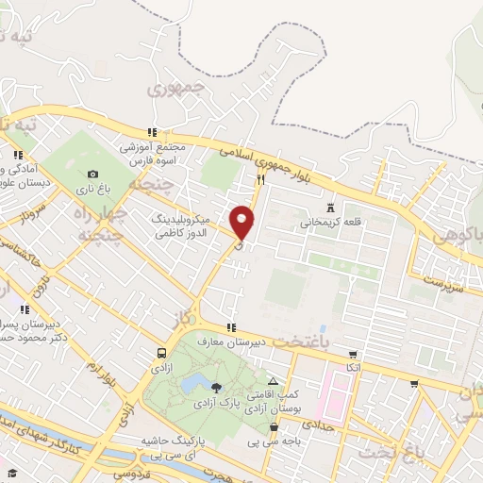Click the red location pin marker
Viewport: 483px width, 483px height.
[x=242, y=221]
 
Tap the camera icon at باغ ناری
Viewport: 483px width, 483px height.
[x=92, y=174]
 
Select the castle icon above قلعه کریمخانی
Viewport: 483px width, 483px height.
[x=330, y=207]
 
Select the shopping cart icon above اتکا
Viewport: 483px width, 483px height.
[x=353, y=354]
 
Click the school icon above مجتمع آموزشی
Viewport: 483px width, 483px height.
[x=150, y=133]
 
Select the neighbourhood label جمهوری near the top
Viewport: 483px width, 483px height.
[x=176, y=91]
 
